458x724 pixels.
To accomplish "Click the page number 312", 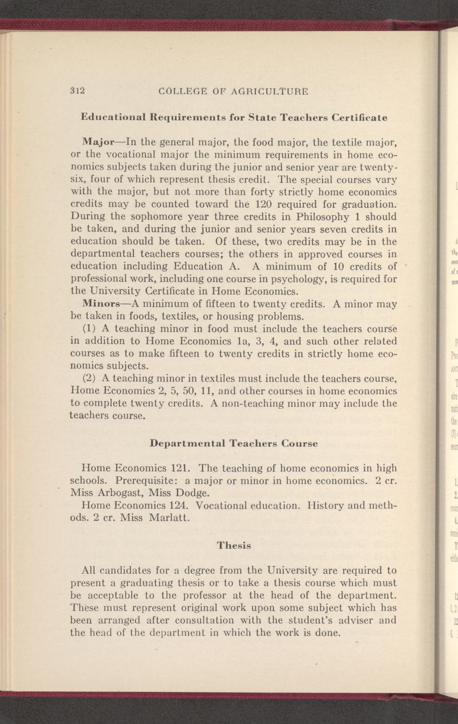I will [x=78, y=90].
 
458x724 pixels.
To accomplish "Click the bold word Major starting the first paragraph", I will [x=98, y=142].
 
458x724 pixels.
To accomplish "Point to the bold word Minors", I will [x=100, y=304].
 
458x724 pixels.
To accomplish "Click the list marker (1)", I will [x=89, y=329].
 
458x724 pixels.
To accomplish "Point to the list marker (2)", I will [x=89, y=379].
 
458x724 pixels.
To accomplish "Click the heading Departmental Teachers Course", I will [x=233, y=443].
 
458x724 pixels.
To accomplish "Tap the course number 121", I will [x=183, y=468].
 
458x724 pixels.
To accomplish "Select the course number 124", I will [x=183, y=506].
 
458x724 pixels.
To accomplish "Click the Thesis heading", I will [x=234, y=545].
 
